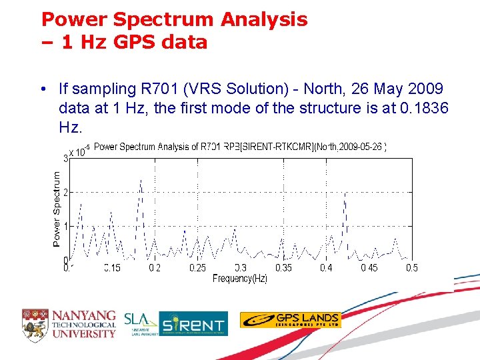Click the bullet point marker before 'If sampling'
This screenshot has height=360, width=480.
[x=42, y=89]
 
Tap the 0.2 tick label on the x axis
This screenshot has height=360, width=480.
[x=154, y=268]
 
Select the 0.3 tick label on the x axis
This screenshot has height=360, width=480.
[x=240, y=268]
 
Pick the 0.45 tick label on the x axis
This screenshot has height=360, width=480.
[x=369, y=268]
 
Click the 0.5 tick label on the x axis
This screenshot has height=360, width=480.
[x=411, y=268]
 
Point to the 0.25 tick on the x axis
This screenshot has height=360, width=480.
[x=197, y=268]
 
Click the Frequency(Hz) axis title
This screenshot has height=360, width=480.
[x=239, y=279]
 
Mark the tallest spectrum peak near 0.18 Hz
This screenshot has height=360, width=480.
[x=141, y=180]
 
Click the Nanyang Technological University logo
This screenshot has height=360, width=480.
[x=69, y=324]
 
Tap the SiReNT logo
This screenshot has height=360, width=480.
[x=193, y=324]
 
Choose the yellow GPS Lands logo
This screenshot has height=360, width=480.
[x=290, y=320]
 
